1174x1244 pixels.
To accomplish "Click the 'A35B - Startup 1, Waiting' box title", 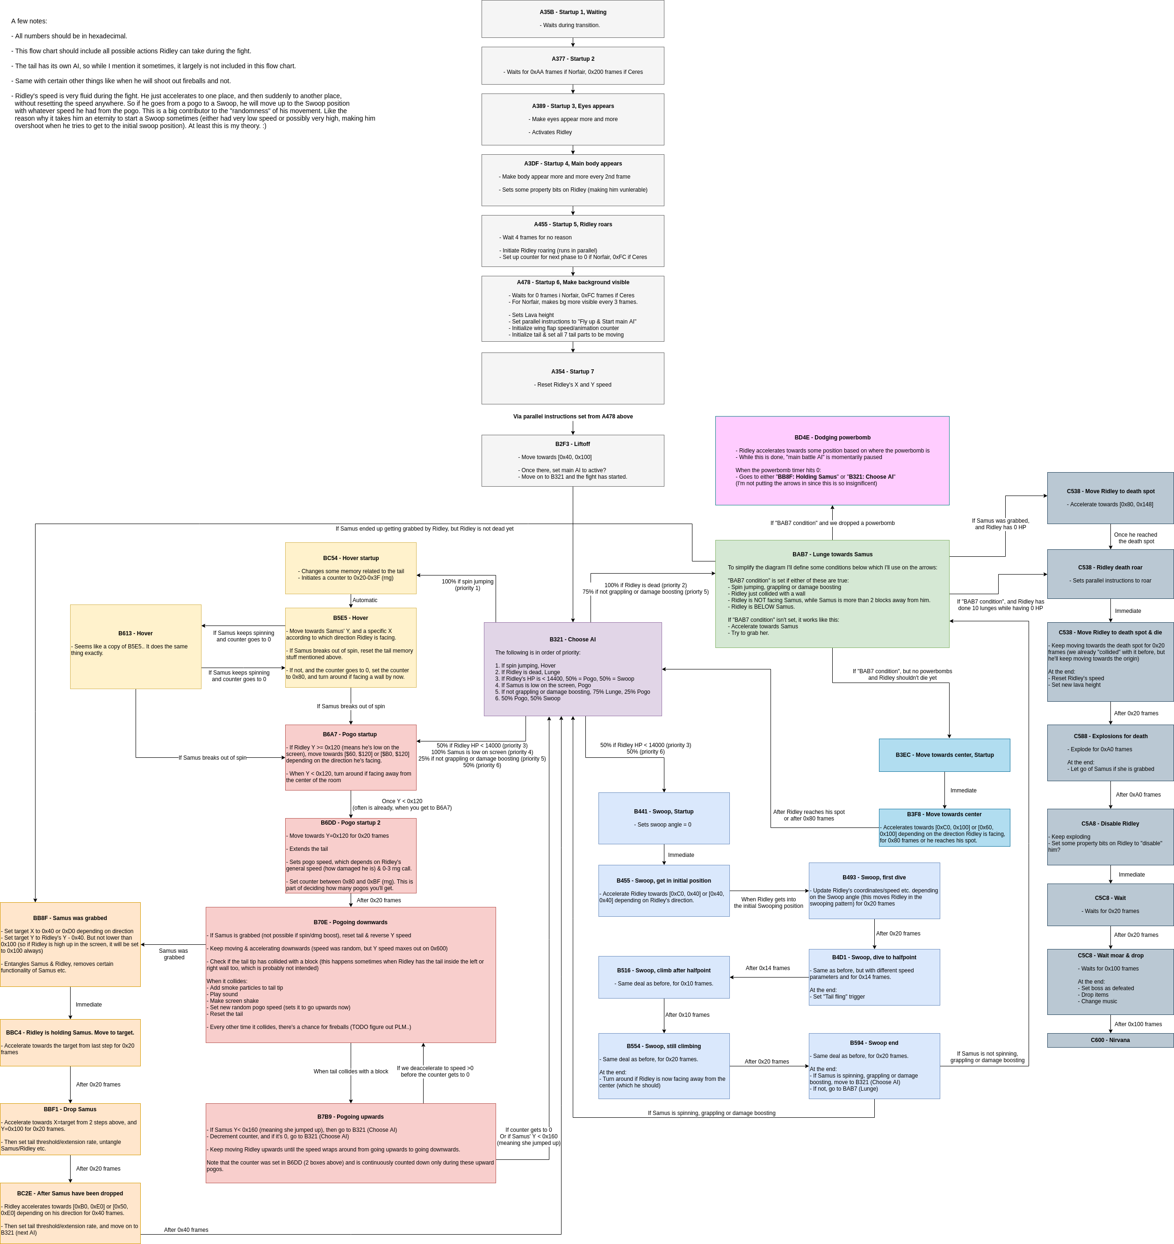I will coord(573,12).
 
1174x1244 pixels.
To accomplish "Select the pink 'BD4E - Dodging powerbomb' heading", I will coord(832,438).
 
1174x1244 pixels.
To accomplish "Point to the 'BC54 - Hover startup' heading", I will coord(351,558).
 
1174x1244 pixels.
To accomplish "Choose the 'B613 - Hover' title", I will coord(135,633).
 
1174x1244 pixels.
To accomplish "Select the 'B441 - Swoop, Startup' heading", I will coord(663,812).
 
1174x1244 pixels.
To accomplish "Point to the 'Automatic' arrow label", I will coord(365,600).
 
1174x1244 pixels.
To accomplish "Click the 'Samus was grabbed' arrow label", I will coord(173,954).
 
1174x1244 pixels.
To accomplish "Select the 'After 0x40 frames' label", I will coord(186,1230).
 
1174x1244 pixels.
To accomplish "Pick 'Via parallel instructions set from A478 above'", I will coord(573,416).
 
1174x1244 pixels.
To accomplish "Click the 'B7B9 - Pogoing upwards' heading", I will coord(351,1116).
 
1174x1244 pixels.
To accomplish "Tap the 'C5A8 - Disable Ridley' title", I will coord(1109,824).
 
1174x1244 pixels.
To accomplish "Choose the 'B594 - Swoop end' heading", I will coord(874,1043).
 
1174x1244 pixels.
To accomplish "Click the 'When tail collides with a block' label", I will coord(351,1071).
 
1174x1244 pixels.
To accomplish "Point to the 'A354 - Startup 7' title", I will coord(573,372).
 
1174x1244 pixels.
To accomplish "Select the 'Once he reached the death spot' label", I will coord(1135,538).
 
